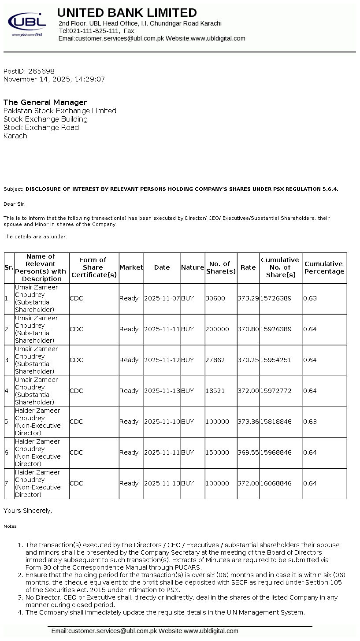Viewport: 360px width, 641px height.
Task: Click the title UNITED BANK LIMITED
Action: (127, 12)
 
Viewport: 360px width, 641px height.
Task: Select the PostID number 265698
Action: (41, 71)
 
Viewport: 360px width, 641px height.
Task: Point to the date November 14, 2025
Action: (33, 79)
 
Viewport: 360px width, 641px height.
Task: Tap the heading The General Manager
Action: (45, 102)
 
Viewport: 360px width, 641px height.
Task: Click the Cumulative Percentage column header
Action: (324, 268)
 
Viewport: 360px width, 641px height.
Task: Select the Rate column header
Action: (248, 267)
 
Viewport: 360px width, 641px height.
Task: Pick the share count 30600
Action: (215, 298)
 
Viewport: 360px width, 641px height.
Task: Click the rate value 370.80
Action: (248, 329)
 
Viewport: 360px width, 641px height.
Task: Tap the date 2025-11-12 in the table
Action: (162, 360)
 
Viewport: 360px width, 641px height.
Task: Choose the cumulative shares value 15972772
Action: (276, 391)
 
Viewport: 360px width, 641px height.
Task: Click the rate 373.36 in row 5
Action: (248, 422)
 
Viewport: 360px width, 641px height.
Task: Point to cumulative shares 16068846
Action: (276, 483)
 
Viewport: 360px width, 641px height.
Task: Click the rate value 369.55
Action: (248, 452)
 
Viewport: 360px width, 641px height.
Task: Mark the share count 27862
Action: (215, 360)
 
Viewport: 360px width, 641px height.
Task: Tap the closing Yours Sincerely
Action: (28, 511)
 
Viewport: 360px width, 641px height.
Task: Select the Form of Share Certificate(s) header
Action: (94, 267)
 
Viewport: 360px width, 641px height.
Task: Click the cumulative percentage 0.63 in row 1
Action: (310, 298)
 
